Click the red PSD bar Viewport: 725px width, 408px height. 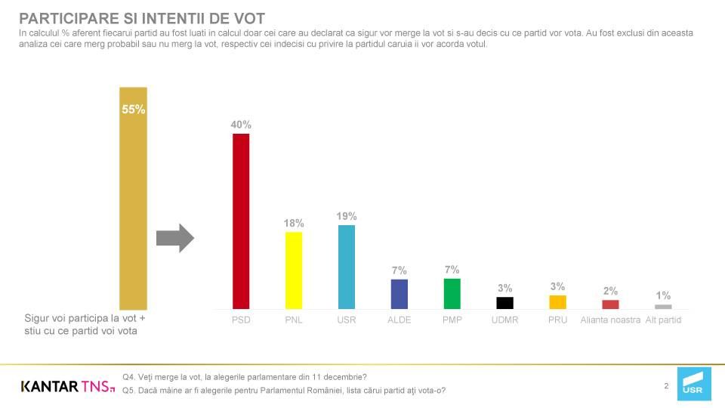tap(241, 221)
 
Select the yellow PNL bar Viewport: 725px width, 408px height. tap(294, 270)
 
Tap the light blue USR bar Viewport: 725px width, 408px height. tap(346, 267)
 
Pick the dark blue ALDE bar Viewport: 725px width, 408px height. tap(399, 294)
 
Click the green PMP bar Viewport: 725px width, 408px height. tap(452, 293)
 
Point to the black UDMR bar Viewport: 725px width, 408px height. tap(504, 302)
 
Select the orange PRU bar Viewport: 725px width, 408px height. tap(557, 301)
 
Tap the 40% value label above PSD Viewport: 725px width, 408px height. tap(241, 125)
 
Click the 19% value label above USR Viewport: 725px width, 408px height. tap(347, 217)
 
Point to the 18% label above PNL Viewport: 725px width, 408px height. tap(294, 223)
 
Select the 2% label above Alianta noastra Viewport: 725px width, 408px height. tap(610, 291)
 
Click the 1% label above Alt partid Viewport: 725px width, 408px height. tap(663, 295)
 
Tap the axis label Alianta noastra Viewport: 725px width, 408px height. tap(610, 320)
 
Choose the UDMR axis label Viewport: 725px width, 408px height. tap(504, 320)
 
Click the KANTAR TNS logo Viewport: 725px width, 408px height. tap(67, 386)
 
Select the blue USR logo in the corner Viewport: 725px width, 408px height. tap(693, 385)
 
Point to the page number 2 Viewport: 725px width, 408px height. tap(666, 386)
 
